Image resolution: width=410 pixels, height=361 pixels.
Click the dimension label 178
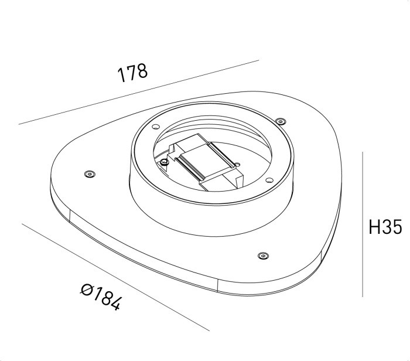point(133,73)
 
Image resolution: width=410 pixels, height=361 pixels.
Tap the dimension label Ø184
point(101,297)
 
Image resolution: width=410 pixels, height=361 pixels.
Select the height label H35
point(385,227)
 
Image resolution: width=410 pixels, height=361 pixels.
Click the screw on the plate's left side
point(89,174)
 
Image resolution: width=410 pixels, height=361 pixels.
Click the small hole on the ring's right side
point(269,179)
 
